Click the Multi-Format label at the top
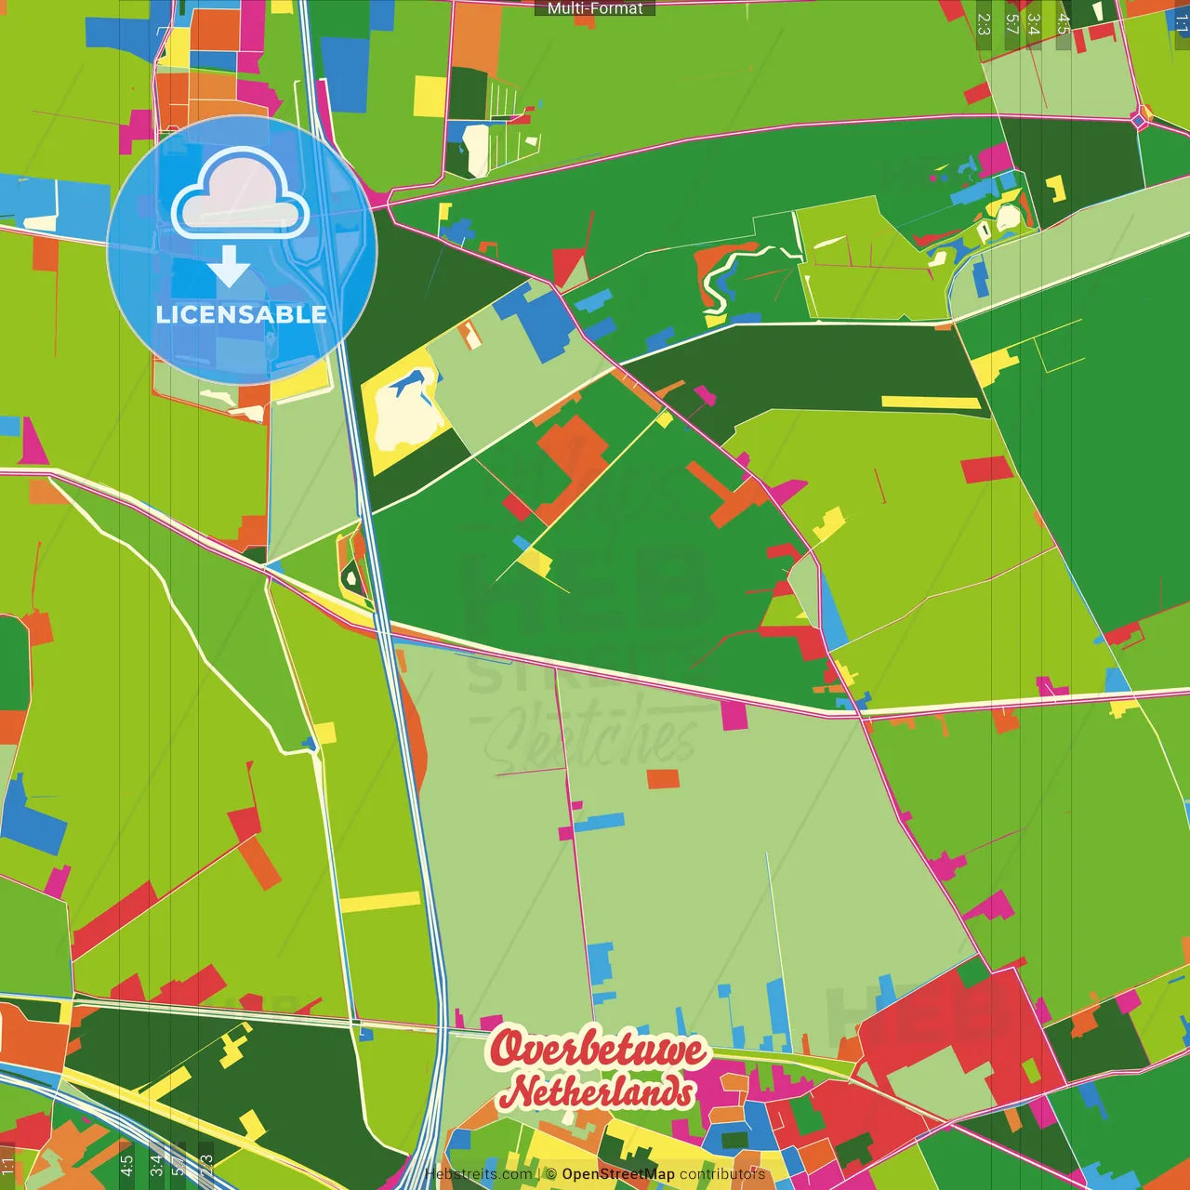595,8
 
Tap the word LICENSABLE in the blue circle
241,314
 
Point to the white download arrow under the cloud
229,267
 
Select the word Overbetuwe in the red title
597,1049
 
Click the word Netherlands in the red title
597,1091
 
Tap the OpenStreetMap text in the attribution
617,1174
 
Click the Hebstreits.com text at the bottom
479,1174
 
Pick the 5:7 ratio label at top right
1012,24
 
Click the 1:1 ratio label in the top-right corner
1182,24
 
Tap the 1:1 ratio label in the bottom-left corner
7,1166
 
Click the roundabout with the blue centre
1142,119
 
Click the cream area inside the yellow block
400,414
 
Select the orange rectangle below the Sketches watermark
663,778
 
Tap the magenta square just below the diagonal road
734,715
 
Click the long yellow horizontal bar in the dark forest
930,403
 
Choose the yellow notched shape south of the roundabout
1055,189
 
